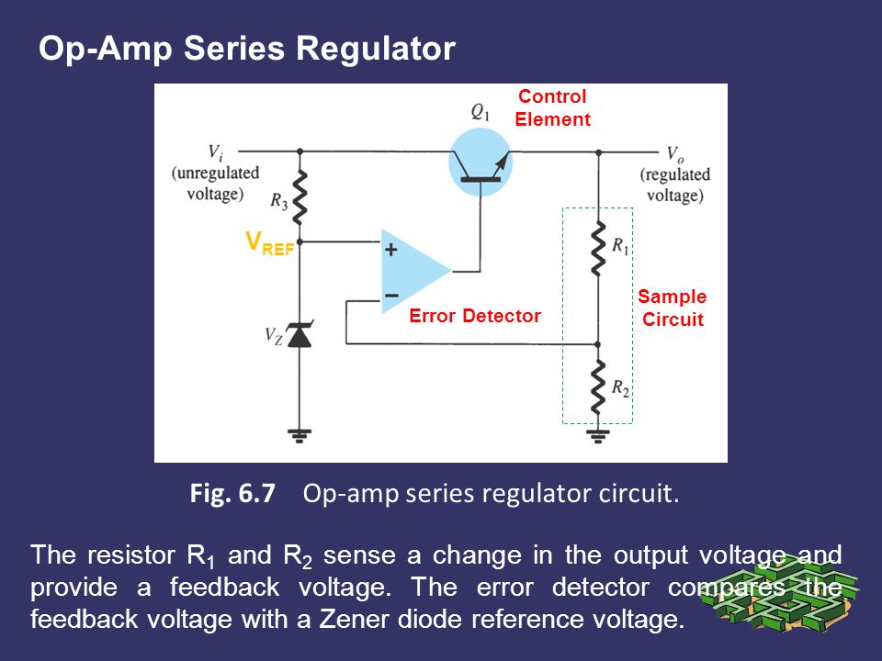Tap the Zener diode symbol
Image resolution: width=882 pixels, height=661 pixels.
300,334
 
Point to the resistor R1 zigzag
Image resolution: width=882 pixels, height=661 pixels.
598,248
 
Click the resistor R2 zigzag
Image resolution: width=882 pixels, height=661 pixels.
598,387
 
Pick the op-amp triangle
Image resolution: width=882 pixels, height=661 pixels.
415,271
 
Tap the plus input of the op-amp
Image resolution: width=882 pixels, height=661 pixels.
391,249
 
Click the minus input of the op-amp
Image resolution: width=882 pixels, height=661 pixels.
391,295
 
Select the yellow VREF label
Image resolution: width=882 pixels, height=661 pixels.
270,242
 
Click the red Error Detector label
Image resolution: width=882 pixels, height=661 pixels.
475,316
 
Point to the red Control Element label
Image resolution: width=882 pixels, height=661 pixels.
552,108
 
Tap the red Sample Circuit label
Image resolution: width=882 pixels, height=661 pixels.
673,308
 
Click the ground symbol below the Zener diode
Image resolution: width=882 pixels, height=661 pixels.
300,436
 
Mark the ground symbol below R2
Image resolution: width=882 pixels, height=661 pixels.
598,436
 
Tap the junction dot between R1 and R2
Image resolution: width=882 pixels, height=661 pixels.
598,344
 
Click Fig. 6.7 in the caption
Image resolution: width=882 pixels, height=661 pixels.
232,494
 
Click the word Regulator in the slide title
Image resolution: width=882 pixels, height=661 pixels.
375,49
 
